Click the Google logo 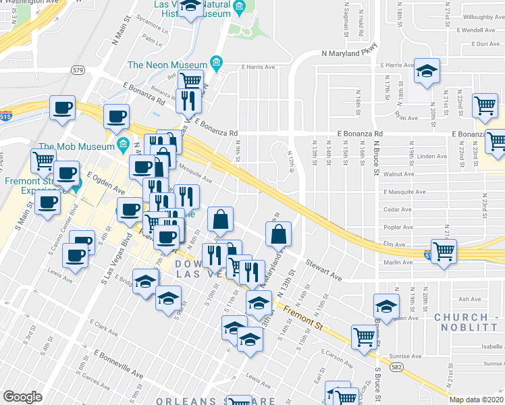pos(22,397)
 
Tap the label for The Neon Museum pos(167,65)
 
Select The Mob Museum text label pos(74,146)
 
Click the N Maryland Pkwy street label pos(349,52)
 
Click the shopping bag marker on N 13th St pos(278,235)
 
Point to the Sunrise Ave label pos(407,356)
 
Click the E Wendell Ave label pos(478,31)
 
